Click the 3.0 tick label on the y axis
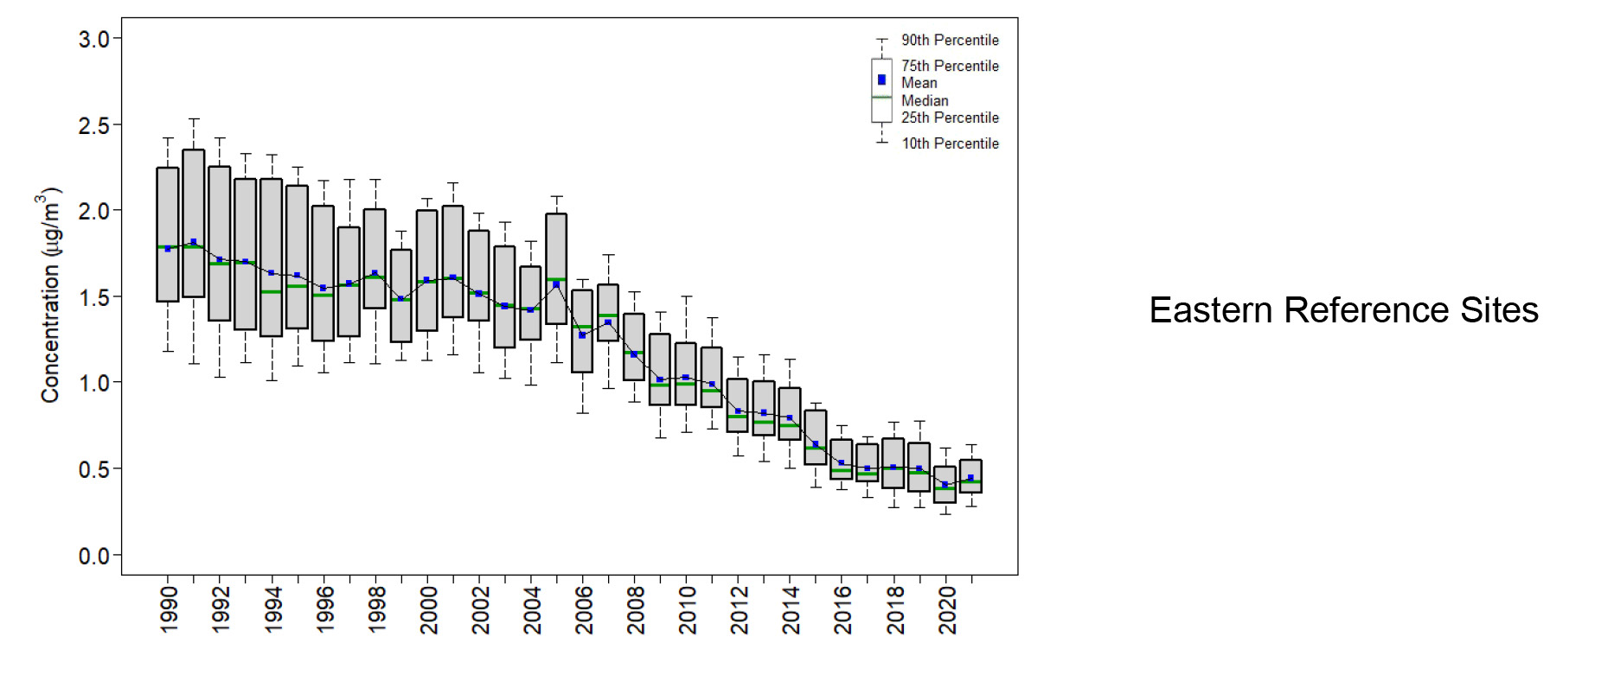click(x=93, y=39)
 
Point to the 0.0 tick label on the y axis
click(x=93, y=556)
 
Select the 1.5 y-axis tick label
click(x=93, y=297)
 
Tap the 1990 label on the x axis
click(x=169, y=610)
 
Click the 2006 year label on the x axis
click(x=584, y=610)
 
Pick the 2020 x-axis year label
click(x=947, y=610)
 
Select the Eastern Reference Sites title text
click(x=1343, y=310)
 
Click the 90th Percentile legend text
click(x=950, y=40)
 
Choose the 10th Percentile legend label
click(x=950, y=143)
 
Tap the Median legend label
click(x=925, y=100)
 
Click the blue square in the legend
click(x=881, y=80)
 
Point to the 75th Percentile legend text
click(x=950, y=66)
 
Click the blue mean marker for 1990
click(x=168, y=249)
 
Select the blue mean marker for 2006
click(x=582, y=334)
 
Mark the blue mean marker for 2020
click(x=945, y=484)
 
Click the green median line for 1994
click(x=272, y=292)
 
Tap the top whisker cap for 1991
click(x=194, y=119)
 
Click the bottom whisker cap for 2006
click(x=582, y=413)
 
